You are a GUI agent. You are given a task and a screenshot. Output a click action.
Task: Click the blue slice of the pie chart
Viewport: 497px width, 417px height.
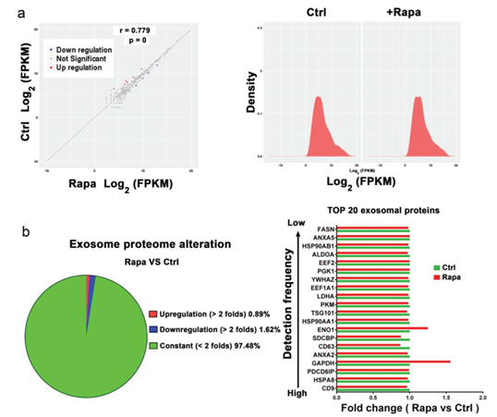(91, 280)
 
